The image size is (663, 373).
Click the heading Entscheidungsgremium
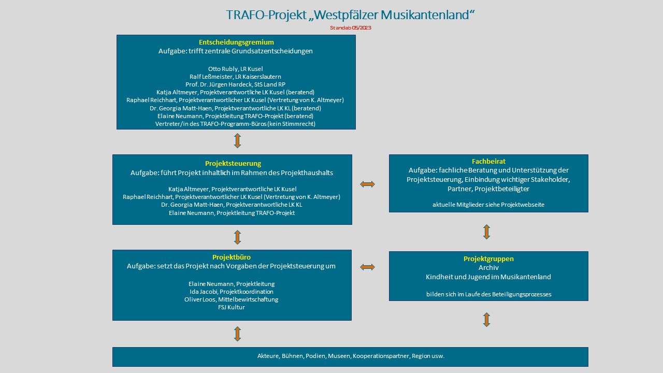pyautogui.click(x=236, y=42)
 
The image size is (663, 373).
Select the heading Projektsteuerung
pyautogui.click(x=233, y=164)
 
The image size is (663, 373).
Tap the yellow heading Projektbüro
pyautogui.click(x=232, y=257)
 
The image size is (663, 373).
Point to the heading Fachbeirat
pyautogui.click(x=488, y=162)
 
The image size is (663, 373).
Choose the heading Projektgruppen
pyautogui.click(x=488, y=259)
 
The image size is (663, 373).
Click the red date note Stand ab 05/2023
pyautogui.click(x=350, y=28)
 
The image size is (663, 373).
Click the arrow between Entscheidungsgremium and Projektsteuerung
pyautogui.click(x=237, y=141)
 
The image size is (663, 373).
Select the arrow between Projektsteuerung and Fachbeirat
pyautogui.click(x=367, y=184)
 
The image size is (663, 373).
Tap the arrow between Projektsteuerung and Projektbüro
pyautogui.click(x=237, y=237)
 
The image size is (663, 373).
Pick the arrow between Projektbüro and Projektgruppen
pyautogui.click(x=367, y=267)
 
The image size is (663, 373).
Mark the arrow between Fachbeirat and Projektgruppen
pyautogui.click(x=486, y=232)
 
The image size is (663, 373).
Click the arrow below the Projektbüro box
pyautogui.click(x=237, y=334)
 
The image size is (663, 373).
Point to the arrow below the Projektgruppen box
pyautogui.click(x=486, y=320)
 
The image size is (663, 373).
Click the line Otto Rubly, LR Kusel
pyautogui.click(x=236, y=69)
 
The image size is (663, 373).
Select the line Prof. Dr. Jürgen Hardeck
pyautogui.click(x=236, y=84)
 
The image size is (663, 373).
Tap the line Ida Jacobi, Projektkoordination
pyautogui.click(x=232, y=292)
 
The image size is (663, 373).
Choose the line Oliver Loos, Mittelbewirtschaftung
pyautogui.click(x=232, y=299)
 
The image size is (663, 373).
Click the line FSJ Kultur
pyautogui.click(x=232, y=307)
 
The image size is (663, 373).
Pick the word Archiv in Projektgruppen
pyautogui.click(x=488, y=268)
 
